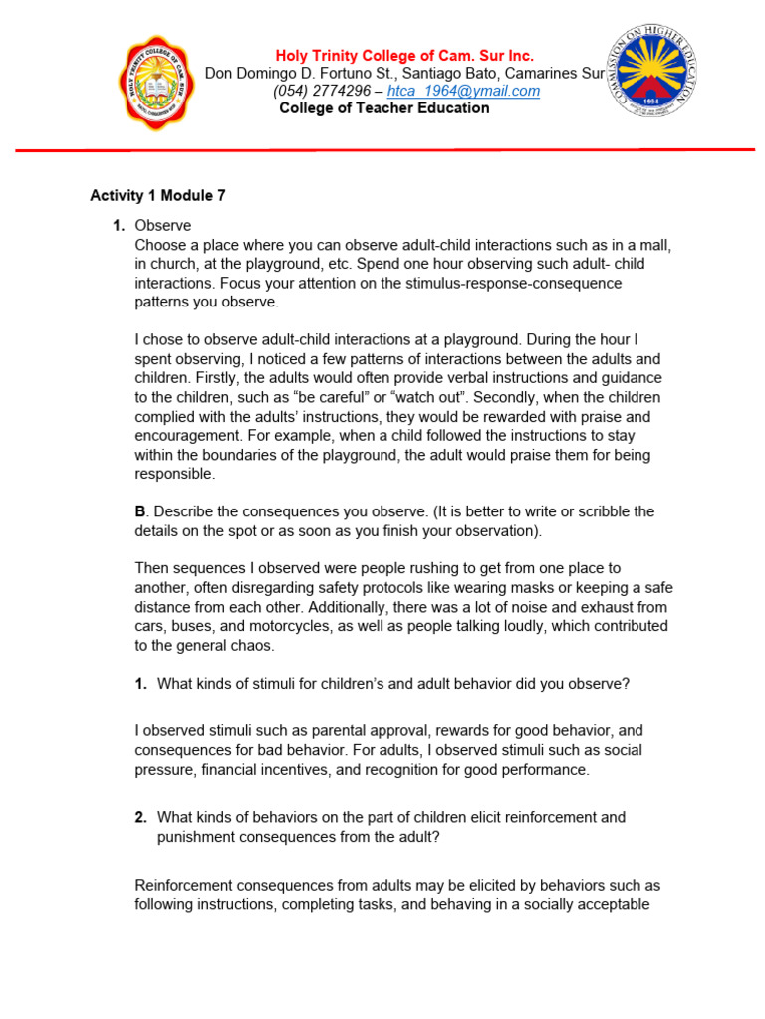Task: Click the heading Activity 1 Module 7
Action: [x=157, y=196]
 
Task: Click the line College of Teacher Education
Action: [x=383, y=108]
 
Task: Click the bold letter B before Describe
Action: [x=140, y=511]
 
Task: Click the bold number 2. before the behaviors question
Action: [x=141, y=817]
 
